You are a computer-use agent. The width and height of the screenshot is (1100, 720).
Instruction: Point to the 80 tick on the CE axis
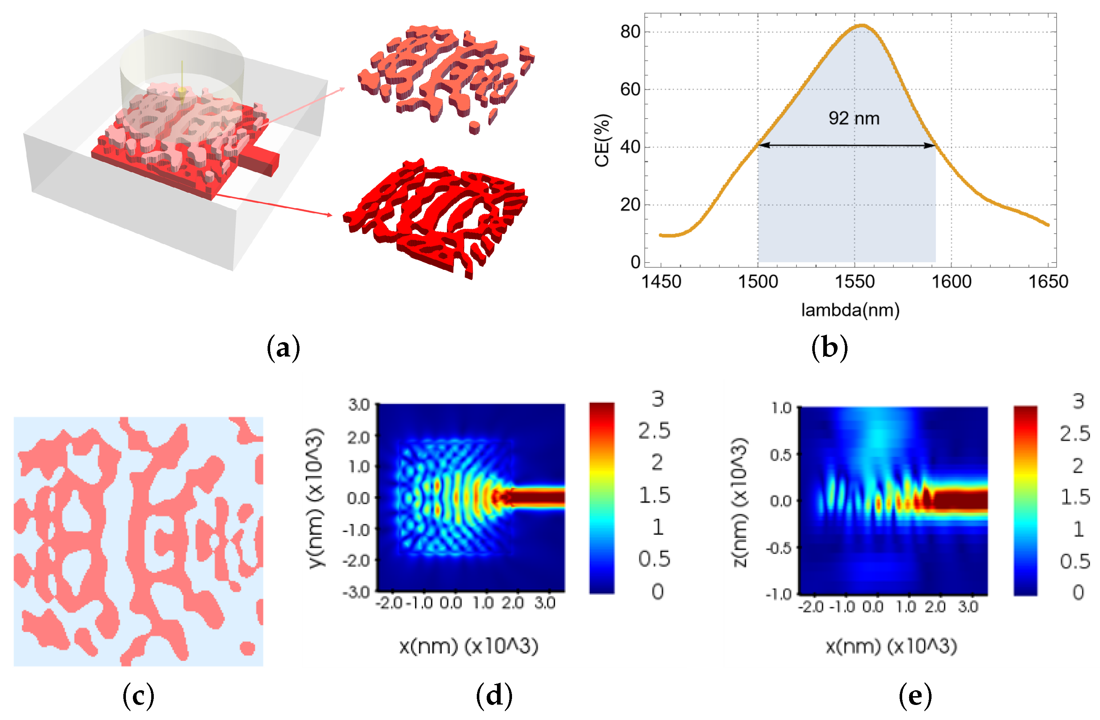pyautogui.click(x=630, y=32)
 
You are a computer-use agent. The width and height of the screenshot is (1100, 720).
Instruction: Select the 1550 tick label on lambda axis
pyautogui.click(x=854, y=282)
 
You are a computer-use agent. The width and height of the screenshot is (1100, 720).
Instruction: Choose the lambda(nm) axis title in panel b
pyautogui.click(x=850, y=310)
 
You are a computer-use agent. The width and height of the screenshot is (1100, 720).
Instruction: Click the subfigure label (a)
pyautogui.click(x=283, y=348)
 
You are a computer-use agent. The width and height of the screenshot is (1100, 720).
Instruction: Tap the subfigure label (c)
pyautogui.click(x=138, y=696)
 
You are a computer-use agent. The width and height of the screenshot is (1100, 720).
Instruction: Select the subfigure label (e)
pyautogui.click(x=915, y=696)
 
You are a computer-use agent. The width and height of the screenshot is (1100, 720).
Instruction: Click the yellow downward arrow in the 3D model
pyautogui.click(x=182, y=83)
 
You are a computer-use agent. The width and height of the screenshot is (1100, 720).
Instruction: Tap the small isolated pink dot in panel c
pyautogui.click(x=247, y=648)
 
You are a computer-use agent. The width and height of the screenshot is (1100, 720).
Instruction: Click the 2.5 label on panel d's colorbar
pyautogui.click(x=654, y=431)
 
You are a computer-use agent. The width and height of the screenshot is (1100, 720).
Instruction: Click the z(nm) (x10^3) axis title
pyautogui.click(x=740, y=502)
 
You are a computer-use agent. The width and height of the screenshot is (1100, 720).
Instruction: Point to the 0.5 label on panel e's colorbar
pyautogui.click(x=1075, y=561)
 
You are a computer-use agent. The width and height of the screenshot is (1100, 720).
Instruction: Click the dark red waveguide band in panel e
pyautogui.click(x=959, y=500)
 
